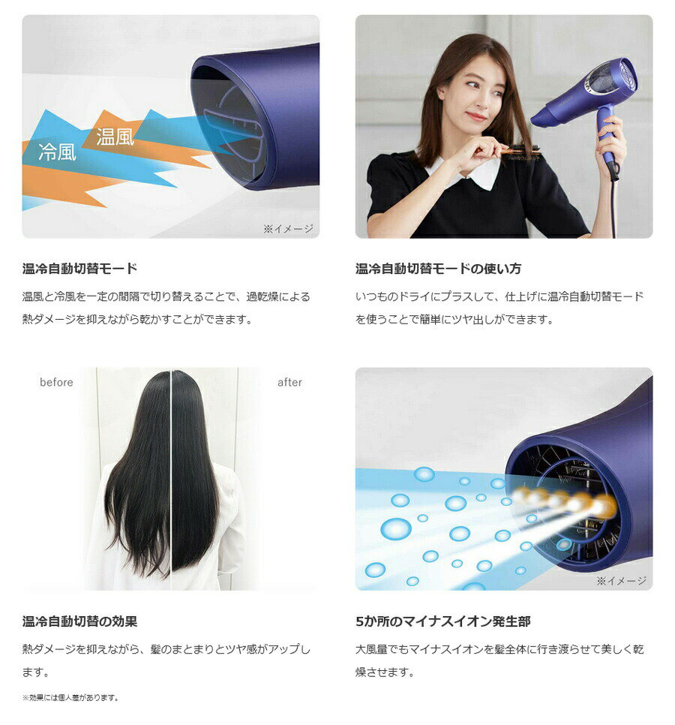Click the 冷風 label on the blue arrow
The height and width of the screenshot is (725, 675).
[57, 152]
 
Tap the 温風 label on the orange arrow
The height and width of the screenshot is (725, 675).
[115, 137]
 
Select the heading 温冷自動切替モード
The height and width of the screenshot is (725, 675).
[79, 268]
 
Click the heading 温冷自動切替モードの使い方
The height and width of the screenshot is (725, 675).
[438, 268]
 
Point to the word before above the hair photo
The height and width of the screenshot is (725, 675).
[56, 382]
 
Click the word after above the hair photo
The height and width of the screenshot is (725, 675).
[289, 382]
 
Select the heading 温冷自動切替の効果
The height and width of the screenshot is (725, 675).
[79, 621]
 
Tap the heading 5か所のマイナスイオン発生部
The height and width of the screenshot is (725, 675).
[442, 621]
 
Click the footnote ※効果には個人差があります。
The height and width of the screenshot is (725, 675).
[70, 697]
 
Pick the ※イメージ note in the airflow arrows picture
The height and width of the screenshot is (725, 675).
[288, 228]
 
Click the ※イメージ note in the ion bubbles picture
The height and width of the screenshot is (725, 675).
[621, 580]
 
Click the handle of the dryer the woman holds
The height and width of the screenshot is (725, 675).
[607, 139]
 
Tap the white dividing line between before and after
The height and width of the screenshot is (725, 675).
[171, 480]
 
